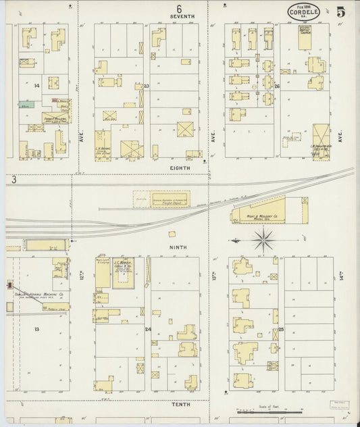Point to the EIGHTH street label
tap(180, 166)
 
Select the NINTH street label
tap(179, 247)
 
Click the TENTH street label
tap(180, 403)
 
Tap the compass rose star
tap(263, 238)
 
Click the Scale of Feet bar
tap(268, 411)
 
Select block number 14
tap(37, 86)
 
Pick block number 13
tap(37, 328)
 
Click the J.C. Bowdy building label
tap(122, 263)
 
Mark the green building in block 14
tap(26, 105)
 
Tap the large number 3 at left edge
tap(13, 180)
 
